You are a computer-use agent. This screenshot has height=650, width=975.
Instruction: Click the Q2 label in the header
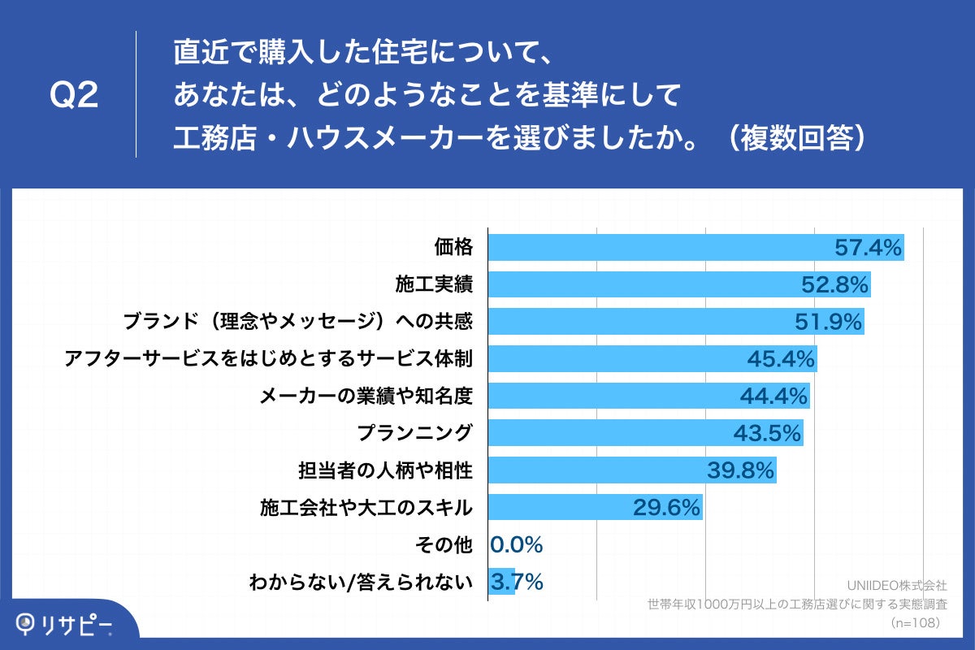pos(74,96)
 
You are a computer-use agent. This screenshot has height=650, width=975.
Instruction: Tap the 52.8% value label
pos(836,284)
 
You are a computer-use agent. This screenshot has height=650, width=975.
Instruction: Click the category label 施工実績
pos(434,284)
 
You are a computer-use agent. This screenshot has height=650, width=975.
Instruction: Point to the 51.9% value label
pos(828,322)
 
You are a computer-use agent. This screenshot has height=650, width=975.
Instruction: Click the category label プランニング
pos(415,433)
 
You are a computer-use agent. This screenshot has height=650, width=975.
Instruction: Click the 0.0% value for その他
pos(517,544)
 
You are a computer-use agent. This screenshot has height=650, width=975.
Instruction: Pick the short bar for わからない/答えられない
pos(501,582)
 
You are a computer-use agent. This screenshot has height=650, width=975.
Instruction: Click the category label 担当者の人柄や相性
pos(386,470)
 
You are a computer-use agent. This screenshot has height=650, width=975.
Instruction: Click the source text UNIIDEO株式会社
pos(897,585)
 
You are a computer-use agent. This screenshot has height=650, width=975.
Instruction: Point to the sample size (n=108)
pos(916,622)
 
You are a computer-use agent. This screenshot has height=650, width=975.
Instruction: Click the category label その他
pos(444,544)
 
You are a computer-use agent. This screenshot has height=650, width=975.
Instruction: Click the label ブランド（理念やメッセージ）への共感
pos(297,322)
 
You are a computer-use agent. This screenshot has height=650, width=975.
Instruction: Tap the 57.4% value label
pos(869,247)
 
